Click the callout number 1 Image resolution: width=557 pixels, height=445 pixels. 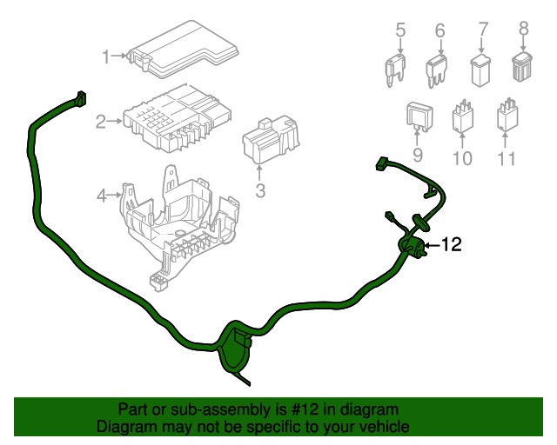pyautogui.click(x=106, y=57)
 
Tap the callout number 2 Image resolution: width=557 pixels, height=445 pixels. pyautogui.click(x=101, y=122)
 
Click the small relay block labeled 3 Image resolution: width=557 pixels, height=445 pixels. pyautogui.click(x=271, y=139)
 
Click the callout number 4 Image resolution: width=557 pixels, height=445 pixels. pyautogui.click(x=102, y=196)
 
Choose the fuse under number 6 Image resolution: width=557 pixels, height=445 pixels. pyautogui.click(x=437, y=69)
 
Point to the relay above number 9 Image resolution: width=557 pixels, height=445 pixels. pyautogui.click(x=418, y=117)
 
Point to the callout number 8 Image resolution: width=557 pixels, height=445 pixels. pyautogui.click(x=523, y=29)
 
